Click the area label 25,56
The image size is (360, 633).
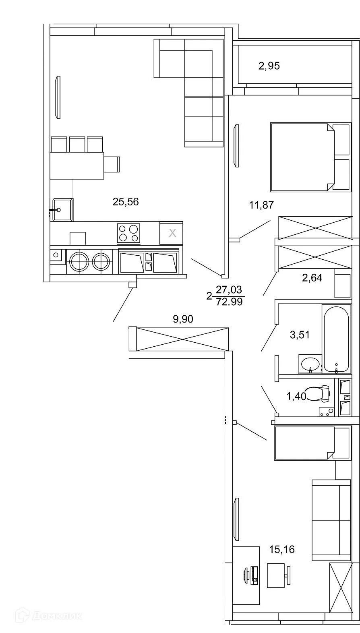(x=126, y=202)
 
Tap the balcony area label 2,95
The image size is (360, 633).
(x=269, y=66)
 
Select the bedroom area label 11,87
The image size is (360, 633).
(x=261, y=205)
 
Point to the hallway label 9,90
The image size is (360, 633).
(x=183, y=319)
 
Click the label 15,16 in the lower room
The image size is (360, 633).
(x=282, y=549)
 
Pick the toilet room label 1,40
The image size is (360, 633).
(x=296, y=397)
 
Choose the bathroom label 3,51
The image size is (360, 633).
(x=300, y=334)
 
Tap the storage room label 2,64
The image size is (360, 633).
(x=312, y=277)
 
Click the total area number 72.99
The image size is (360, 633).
(x=230, y=302)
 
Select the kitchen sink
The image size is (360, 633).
(x=61, y=209)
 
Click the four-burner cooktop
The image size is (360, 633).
(x=128, y=233)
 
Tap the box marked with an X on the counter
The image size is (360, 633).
(x=172, y=233)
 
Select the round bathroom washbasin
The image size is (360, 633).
(x=310, y=364)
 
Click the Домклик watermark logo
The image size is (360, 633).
(x=48, y=616)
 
